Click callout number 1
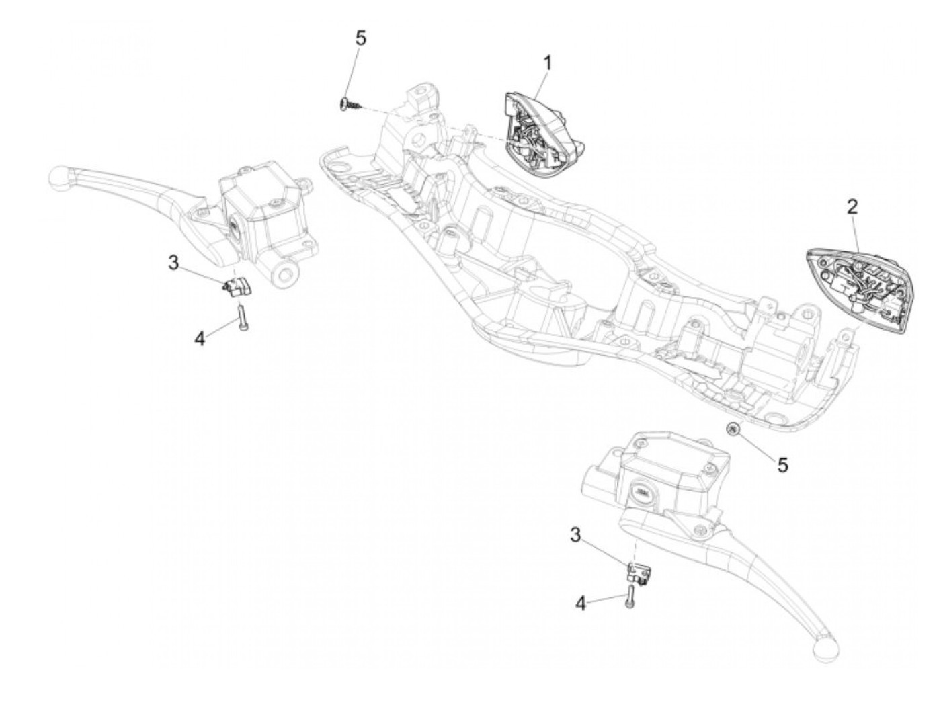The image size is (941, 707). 548,63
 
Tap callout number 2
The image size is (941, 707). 852,206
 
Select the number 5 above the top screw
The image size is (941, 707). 361,38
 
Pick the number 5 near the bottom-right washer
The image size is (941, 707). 783,464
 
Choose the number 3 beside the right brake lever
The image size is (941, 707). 576,535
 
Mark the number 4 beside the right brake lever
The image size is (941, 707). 581,604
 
